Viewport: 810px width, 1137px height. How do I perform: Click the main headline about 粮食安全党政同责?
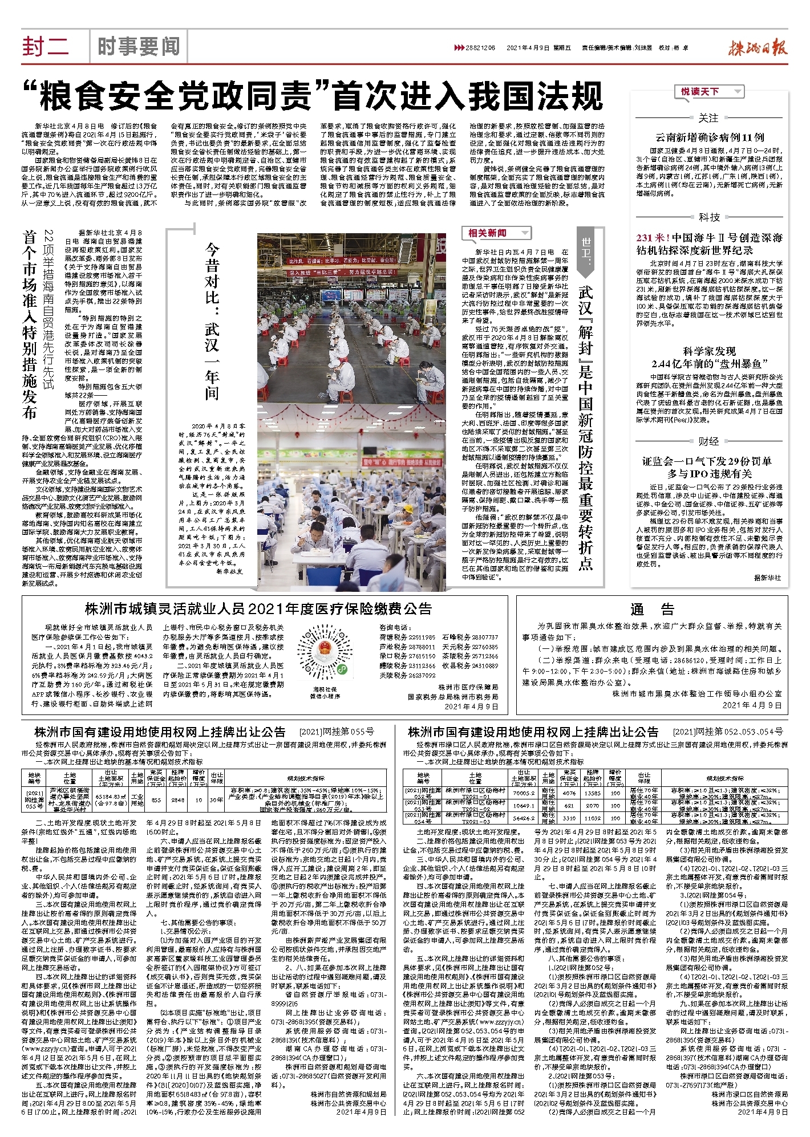319,96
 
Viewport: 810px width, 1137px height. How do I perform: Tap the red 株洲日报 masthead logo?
757,48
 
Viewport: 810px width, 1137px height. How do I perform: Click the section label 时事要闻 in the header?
138,46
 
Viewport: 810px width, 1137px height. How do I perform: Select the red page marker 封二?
46,46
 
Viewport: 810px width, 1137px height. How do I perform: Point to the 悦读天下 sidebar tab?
700,91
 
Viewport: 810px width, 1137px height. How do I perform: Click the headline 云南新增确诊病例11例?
709,137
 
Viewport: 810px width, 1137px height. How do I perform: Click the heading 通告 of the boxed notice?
652,610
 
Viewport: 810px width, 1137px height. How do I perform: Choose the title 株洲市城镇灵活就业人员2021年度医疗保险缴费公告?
258,608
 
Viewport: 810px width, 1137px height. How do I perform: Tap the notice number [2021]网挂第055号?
336,732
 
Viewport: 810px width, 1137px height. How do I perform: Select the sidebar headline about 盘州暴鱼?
709,357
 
